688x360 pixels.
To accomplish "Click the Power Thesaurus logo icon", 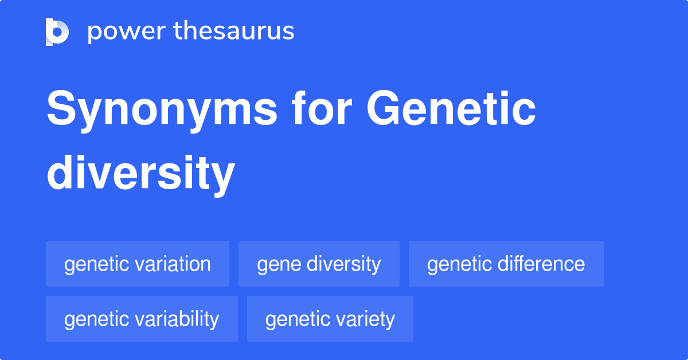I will pyautogui.click(x=57, y=32).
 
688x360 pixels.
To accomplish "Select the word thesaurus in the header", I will pyautogui.click(x=234, y=32).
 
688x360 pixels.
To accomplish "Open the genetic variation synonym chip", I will pyautogui.click(x=138, y=264).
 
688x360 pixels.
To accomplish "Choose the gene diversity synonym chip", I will pyautogui.click(x=319, y=264).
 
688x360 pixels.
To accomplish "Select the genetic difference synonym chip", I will pyautogui.click(x=506, y=264).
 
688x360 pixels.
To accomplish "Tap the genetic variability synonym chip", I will pyautogui.click(x=142, y=319).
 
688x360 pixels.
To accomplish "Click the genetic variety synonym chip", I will pyautogui.click(x=330, y=319).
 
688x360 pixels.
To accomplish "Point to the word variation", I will pyautogui.click(x=174, y=264).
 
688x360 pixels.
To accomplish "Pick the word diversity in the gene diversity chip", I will pyautogui.click(x=343, y=264).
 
